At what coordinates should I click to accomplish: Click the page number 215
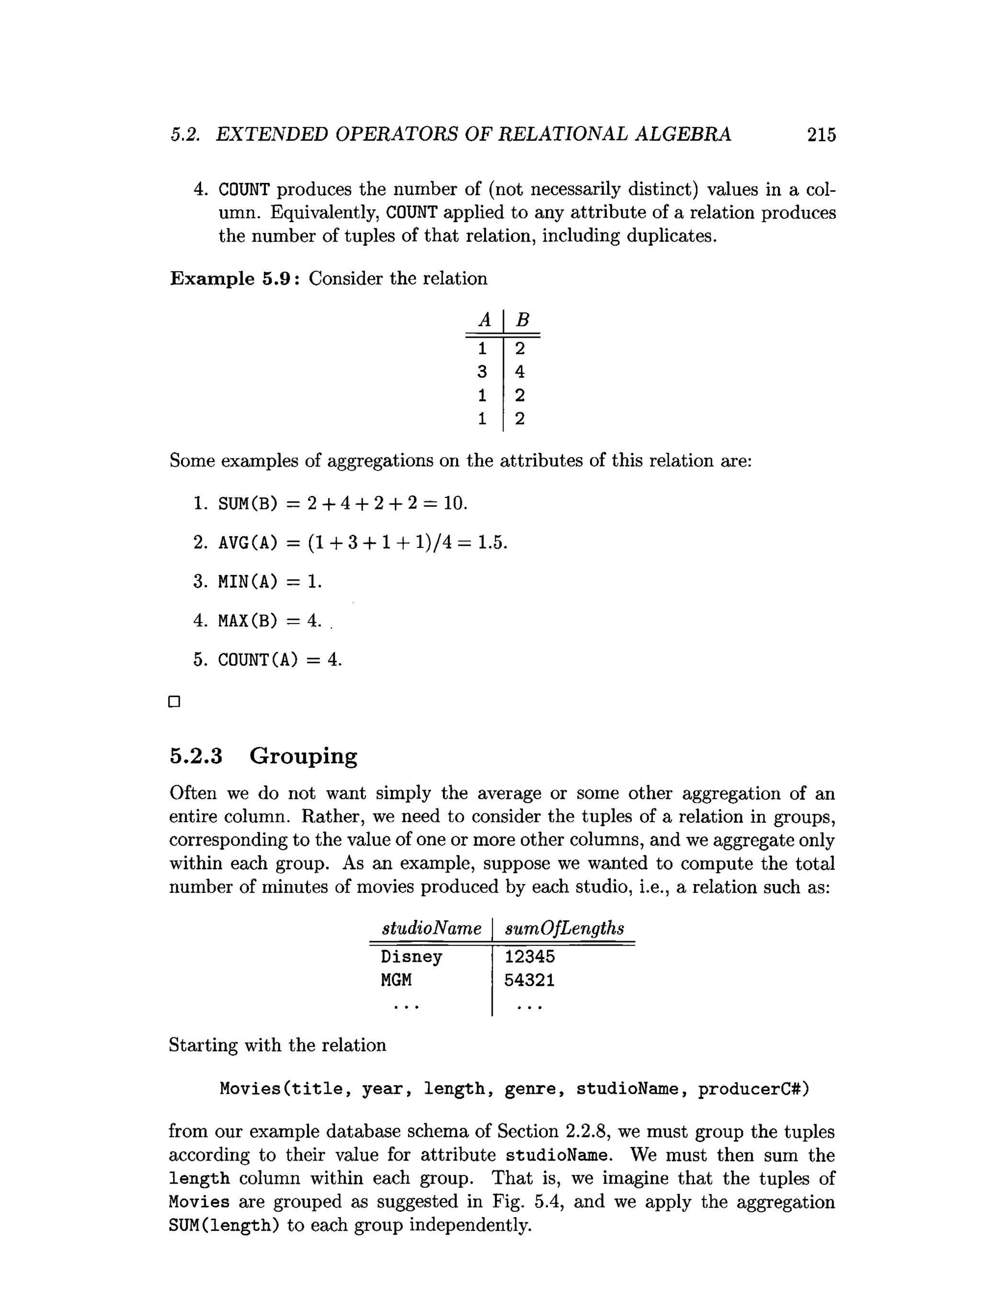(821, 135)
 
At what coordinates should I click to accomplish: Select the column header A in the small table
(485, 320)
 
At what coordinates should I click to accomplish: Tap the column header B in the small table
(522, 320)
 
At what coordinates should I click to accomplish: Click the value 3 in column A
(482, 371)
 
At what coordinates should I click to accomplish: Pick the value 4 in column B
(520, 371)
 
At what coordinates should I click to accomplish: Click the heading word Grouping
(303, 756)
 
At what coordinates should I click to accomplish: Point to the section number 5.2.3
(196, 756)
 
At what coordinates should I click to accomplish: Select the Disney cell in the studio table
(411, 957)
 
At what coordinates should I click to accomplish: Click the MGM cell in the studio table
(397, 980)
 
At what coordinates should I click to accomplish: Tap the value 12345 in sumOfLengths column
(529, 957)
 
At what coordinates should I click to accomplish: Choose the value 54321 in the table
(529, 980)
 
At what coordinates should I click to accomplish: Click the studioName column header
(432, 929)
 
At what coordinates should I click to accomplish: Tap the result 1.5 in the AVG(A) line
(490, 542)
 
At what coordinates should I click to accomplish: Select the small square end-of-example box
(174, 702)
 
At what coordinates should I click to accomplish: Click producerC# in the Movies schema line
(753, 1089)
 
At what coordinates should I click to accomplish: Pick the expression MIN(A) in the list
(247, 582)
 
